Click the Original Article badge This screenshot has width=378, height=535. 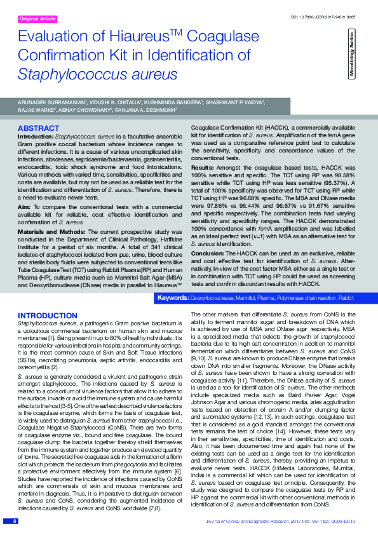point(38,19)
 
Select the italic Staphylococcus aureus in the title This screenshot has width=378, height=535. point(98,74)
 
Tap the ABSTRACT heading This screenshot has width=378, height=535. point(39,128)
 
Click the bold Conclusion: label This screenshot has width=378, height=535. point(208,236)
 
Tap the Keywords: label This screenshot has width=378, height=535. point(173,298)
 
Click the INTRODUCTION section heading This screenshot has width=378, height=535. point(48,316)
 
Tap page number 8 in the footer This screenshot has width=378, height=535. point(14,521)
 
